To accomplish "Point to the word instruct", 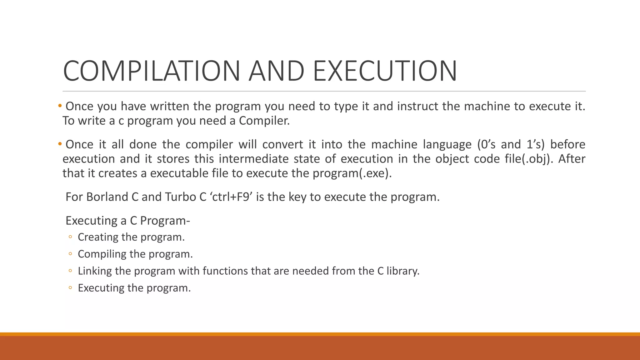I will click(x=418, y=107).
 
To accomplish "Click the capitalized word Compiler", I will click(x=264, y=121).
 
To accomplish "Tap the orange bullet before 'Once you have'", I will click(x=60, y=106).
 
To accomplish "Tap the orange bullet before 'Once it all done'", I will click(x=60, y=144).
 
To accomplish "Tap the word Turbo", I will click(x=180, y=197).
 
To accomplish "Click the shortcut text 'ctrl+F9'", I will click(x=231, y=197).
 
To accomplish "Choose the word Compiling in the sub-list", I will click(x=102, y=254).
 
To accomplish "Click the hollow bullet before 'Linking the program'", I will click(x=70, y=271).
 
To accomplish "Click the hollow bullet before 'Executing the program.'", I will click(x=70, y=288).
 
